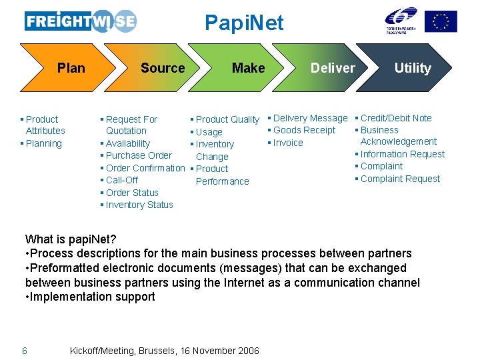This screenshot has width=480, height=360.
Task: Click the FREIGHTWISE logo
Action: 81,21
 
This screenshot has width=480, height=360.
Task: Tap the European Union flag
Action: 441,21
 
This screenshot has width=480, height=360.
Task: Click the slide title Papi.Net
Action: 244,23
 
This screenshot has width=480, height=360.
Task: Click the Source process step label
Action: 163,67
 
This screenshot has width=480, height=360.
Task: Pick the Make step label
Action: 248,67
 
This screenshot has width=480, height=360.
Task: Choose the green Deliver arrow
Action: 333,67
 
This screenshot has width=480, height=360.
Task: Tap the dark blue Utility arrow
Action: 413,67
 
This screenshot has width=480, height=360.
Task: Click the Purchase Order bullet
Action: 139,155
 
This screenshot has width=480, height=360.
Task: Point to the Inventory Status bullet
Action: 139,205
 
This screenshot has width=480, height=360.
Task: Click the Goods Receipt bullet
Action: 304,130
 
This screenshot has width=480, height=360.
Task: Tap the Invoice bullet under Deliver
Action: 288,143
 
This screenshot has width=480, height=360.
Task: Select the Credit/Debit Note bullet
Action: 396,118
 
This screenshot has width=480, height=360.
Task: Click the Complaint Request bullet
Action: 400,179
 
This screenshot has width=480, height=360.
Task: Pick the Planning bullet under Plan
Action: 43,143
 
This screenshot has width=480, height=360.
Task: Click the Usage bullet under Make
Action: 209,132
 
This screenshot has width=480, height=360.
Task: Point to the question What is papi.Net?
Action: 71,239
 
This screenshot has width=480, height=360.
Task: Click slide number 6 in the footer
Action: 25,351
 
